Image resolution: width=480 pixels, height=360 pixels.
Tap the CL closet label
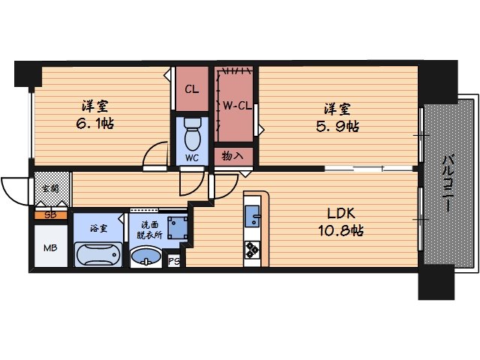tap(192, 89)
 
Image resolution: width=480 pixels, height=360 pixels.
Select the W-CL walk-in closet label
tap(237, 106)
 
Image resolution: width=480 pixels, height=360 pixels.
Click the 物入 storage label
tap(232, 156)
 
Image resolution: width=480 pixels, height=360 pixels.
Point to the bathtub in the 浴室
tap(98, 254)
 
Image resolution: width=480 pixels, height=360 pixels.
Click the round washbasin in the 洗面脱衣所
tap(146, 256)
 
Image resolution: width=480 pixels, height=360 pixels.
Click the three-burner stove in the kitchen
tap(253, 250)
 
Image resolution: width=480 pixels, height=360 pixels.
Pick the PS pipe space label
tap(174, 262)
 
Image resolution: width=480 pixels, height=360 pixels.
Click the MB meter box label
tap(50, 247)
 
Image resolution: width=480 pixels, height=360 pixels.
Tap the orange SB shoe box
tap(51, 215)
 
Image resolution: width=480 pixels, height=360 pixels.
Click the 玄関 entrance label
tap(50, 188)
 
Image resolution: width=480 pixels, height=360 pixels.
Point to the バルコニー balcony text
tap(448, 183)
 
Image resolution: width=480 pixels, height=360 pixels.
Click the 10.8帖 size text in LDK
tap(341, 230)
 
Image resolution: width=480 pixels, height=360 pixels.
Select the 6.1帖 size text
tap(95, 124)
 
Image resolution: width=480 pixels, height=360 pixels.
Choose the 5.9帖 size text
tap(337, 126)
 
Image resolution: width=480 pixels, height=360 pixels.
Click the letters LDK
tap(341, 213)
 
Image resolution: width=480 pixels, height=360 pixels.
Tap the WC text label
tap(192, 158)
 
